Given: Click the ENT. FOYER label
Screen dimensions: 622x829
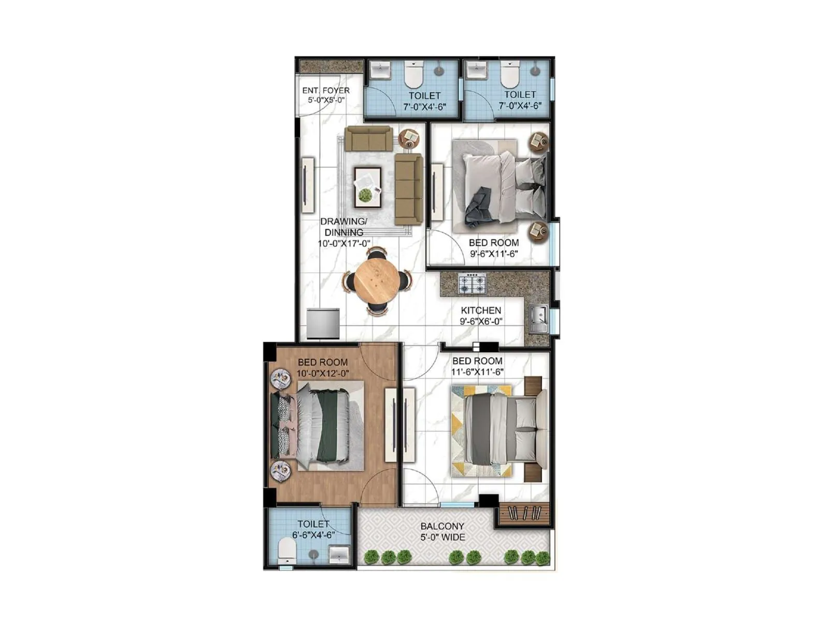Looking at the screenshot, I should tap(326, 91).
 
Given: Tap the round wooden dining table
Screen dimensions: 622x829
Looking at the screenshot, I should tap(377, 281).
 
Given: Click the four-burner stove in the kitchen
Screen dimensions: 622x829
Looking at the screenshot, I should tap(472, 283).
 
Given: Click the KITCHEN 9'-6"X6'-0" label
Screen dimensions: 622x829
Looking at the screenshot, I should tap(481, 316).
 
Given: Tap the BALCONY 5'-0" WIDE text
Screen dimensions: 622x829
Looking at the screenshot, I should tap(442, 531).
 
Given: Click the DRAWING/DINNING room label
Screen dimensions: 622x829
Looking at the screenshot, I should tap(344, 227).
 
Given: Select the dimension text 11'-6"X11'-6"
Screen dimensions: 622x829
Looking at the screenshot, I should tap(477, 372).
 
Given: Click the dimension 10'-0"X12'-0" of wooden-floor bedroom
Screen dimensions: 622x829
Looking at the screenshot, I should tap(322, 373).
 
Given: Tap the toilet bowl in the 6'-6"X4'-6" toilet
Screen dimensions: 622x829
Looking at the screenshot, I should tap(287, 550).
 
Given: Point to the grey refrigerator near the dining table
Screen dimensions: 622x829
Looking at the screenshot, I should tap(323, 323).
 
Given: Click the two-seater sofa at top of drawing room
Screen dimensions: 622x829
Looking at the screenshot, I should tap(368, 138).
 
